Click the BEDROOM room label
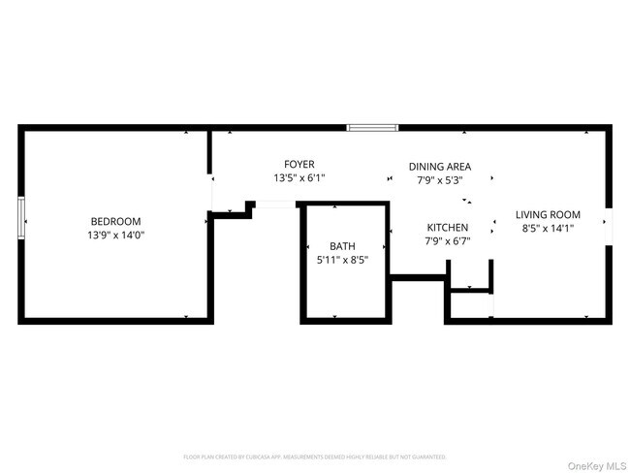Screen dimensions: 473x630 [116, 221]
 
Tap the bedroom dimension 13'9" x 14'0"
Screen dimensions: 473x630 [116, 236]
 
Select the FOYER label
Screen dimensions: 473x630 [299, 165]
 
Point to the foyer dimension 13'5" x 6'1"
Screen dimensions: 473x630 [299, 178]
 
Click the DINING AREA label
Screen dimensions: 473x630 [440, 167]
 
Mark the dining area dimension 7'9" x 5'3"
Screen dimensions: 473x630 [440, 180]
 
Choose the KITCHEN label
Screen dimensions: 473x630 [448, 228]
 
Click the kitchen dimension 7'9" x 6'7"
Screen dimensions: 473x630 [448, 241]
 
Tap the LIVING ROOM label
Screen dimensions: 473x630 [548, 215]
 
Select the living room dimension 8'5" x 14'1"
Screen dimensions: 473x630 [548, 230]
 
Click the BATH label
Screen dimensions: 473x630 [342, 246]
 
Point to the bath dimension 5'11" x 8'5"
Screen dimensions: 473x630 [342, 260]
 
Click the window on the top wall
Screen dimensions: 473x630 [373, 127]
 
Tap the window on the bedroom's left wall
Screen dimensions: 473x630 [21, 216]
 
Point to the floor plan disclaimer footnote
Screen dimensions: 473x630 [315, 456]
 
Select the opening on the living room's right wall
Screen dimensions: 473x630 [610, 223]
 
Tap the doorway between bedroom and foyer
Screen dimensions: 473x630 [210, 192]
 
